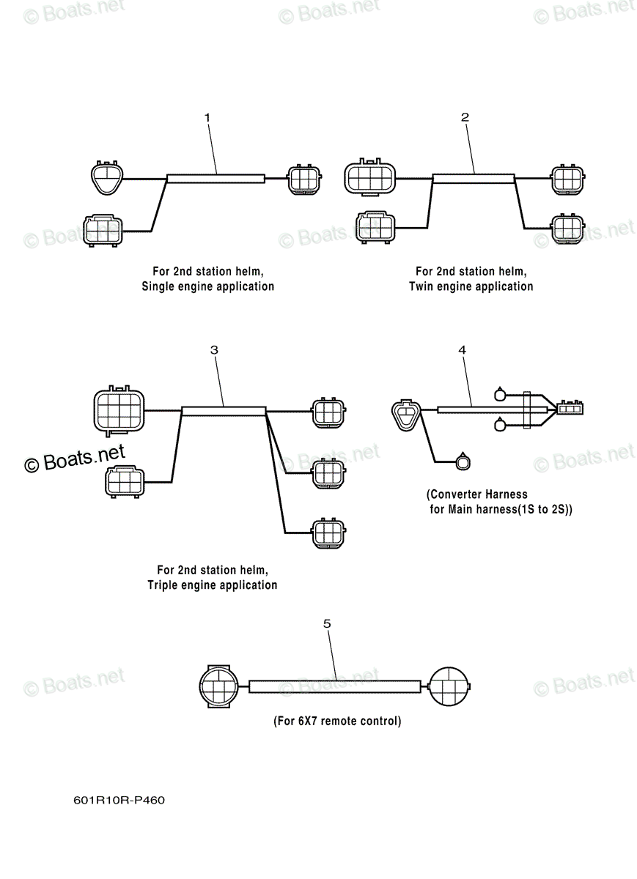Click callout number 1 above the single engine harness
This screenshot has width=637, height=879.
coord(207,118)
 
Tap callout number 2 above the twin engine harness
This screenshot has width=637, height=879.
coord(465,117)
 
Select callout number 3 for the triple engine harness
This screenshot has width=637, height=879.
coord(214,349)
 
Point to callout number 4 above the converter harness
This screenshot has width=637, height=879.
coord(463,349)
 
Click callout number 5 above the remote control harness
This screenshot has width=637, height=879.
coord(327,623)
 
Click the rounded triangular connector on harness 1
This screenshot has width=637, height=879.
coord(107,178)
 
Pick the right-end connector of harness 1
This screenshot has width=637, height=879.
coord(304,179)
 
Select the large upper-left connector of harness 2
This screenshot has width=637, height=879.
coord(370,177)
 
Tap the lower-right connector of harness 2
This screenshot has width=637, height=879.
coord(568,229)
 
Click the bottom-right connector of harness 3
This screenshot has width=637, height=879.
coord(328,533)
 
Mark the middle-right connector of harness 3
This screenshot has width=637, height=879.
coord(328,473)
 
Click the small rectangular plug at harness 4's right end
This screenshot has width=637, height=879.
coord(570,409)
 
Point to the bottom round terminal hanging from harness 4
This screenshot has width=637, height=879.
coord(463,461)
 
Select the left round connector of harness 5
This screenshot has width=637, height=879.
coord(218,686)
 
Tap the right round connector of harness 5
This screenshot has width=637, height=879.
coord(449,686)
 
